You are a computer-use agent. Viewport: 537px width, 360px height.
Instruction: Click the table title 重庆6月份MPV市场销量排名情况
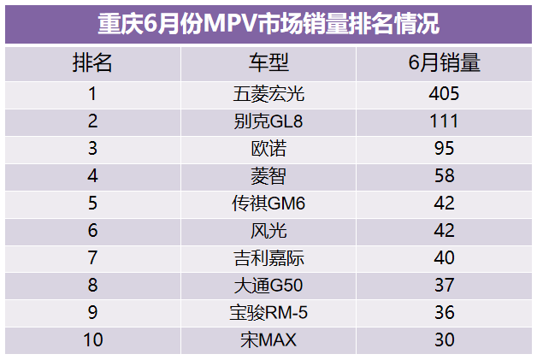coord(268,23)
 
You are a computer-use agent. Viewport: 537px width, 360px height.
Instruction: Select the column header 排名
coord(92,62)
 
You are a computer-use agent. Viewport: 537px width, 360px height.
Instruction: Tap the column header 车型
coord(268,62)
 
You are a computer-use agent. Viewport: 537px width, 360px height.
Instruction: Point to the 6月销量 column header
coord(444,62)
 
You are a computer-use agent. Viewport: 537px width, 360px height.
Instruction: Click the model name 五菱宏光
coord(268,93)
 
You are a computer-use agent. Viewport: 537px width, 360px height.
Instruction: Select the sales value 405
coord(444,93)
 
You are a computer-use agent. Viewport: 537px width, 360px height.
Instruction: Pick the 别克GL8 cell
coord(268,121)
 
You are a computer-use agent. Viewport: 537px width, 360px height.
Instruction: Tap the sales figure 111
coord(444,121)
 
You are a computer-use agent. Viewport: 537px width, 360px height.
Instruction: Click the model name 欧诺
coord(268,149)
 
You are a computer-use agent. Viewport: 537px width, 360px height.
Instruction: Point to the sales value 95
coord(444,149)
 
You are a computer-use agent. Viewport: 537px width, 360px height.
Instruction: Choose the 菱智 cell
coord(268,176)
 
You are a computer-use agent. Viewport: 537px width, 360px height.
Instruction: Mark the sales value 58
coord(444,176)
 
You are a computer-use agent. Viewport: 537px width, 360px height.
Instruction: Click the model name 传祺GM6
coord(268,204)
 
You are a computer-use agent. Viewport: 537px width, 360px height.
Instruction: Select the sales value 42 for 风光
coord(444,231)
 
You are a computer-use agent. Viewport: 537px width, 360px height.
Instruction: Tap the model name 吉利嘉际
coord(268,258)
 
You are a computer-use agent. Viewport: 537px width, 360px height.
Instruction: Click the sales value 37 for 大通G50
coord(444,286)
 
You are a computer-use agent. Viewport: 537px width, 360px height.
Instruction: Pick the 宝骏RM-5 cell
coord(268,313)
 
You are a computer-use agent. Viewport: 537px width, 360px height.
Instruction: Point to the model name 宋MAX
coord(268,340)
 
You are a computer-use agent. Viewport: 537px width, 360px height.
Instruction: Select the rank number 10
coord(92,340)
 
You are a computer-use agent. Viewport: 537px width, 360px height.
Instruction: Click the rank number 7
coord(92,258)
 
